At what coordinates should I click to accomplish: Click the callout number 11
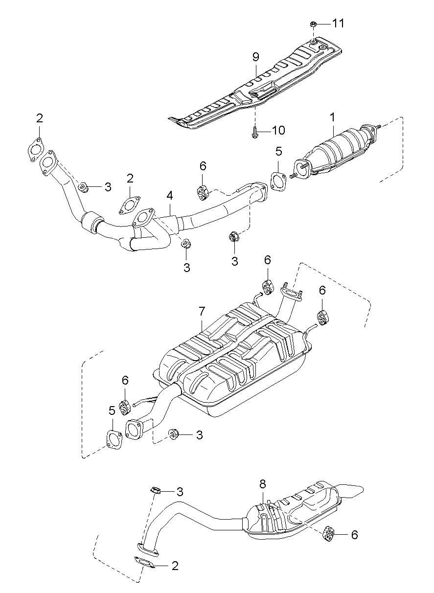tap(338, 23)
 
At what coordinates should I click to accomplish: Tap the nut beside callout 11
tap(313, 24)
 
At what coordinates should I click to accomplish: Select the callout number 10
tap(278, 130)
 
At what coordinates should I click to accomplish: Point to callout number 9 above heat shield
tap(255, 57)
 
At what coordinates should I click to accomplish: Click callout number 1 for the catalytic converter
tap(332, 117)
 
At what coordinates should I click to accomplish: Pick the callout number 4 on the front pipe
tap(169, 196)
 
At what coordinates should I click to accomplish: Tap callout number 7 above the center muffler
tap(202, 312)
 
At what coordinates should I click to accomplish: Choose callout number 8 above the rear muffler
tap(262, 484)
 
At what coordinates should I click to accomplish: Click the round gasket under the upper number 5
tap(278, 182)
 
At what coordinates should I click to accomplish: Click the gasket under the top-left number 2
tap(35, 150)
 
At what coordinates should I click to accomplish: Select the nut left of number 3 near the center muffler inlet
tap(173, 434)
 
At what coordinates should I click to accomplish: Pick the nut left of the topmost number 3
tap(83, 187)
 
